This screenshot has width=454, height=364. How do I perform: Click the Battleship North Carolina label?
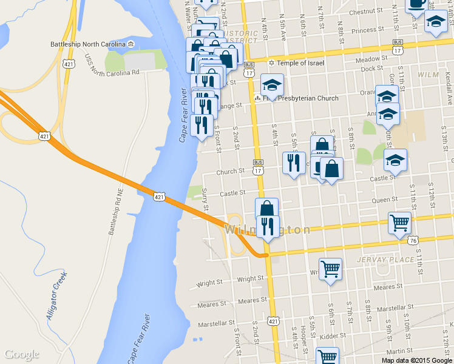(x=89, y=45)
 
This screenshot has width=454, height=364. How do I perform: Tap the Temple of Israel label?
(x=301, y=63)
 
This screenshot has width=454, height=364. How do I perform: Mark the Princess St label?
(x=364, y=30)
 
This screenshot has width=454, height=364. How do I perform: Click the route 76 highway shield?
(x=413, y=240)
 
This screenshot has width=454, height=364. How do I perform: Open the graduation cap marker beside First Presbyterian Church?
(x=273, y=85)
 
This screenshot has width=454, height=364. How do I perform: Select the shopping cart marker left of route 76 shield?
(x=399, y=222)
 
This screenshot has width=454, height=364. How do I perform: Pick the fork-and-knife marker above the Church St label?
(x=294, y=163)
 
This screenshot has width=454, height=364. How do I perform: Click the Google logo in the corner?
(x=22, y=354)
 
